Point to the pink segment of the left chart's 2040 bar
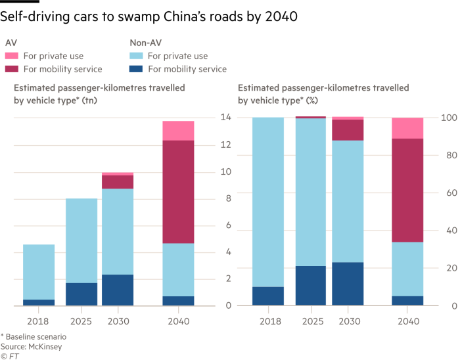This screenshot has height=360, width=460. click(x=178, y=131)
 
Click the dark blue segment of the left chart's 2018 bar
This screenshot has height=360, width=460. click(x=39, y=302)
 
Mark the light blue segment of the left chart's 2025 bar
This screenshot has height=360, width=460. click(x=81, y=240)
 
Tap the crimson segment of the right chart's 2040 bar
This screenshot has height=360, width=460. click(x=407, y=191)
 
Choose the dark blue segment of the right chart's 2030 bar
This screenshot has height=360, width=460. click(x=348, y=284)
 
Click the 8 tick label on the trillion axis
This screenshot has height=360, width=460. click(x=227, y=198)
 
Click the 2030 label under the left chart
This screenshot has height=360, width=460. click(x=118, y=321)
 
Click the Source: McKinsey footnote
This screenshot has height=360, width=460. click(x=31, y=346)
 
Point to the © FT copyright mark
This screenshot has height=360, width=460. click(x=10, y=355)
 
